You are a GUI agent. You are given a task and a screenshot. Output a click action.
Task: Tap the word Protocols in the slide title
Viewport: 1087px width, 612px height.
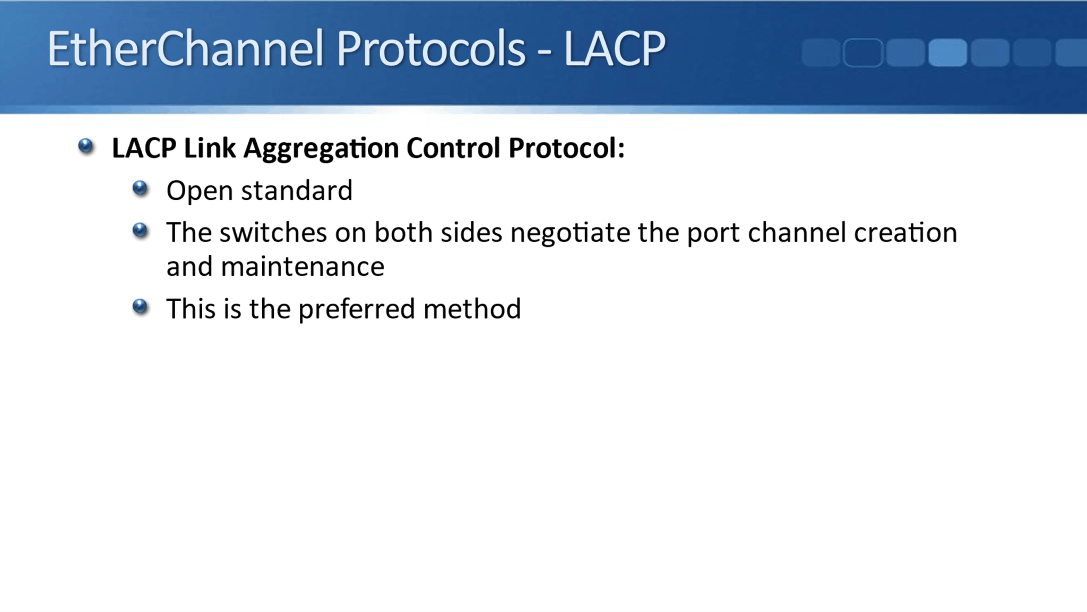pos(430,49)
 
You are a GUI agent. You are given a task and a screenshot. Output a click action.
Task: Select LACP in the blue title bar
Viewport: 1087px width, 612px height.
pos(614,49)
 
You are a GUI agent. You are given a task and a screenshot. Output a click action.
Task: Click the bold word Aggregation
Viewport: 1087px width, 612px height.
pos(321,149)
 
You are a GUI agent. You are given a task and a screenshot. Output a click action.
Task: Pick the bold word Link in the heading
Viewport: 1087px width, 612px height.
pos(209,148)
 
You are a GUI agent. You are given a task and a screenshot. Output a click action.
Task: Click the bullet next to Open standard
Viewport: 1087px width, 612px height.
pos(140,188)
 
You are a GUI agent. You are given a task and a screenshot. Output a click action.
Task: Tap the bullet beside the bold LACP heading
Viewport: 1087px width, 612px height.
pos(85,146)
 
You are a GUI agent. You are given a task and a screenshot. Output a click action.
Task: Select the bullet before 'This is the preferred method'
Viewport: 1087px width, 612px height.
pos(140,307)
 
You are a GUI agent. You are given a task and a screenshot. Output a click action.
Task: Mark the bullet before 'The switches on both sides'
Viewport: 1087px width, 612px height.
pos(140,230)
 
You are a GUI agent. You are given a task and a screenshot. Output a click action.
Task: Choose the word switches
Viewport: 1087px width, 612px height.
pos(273,233)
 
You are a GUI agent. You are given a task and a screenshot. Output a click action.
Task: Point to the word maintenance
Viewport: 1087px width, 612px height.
pos(303,267)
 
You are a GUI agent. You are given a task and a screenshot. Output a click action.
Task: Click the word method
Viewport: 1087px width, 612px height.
pos(472,309)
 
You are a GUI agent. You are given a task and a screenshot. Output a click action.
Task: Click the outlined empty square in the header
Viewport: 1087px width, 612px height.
pos(862,53)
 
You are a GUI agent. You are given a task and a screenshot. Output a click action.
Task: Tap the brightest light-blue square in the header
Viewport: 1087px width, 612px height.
pos(947,53)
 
